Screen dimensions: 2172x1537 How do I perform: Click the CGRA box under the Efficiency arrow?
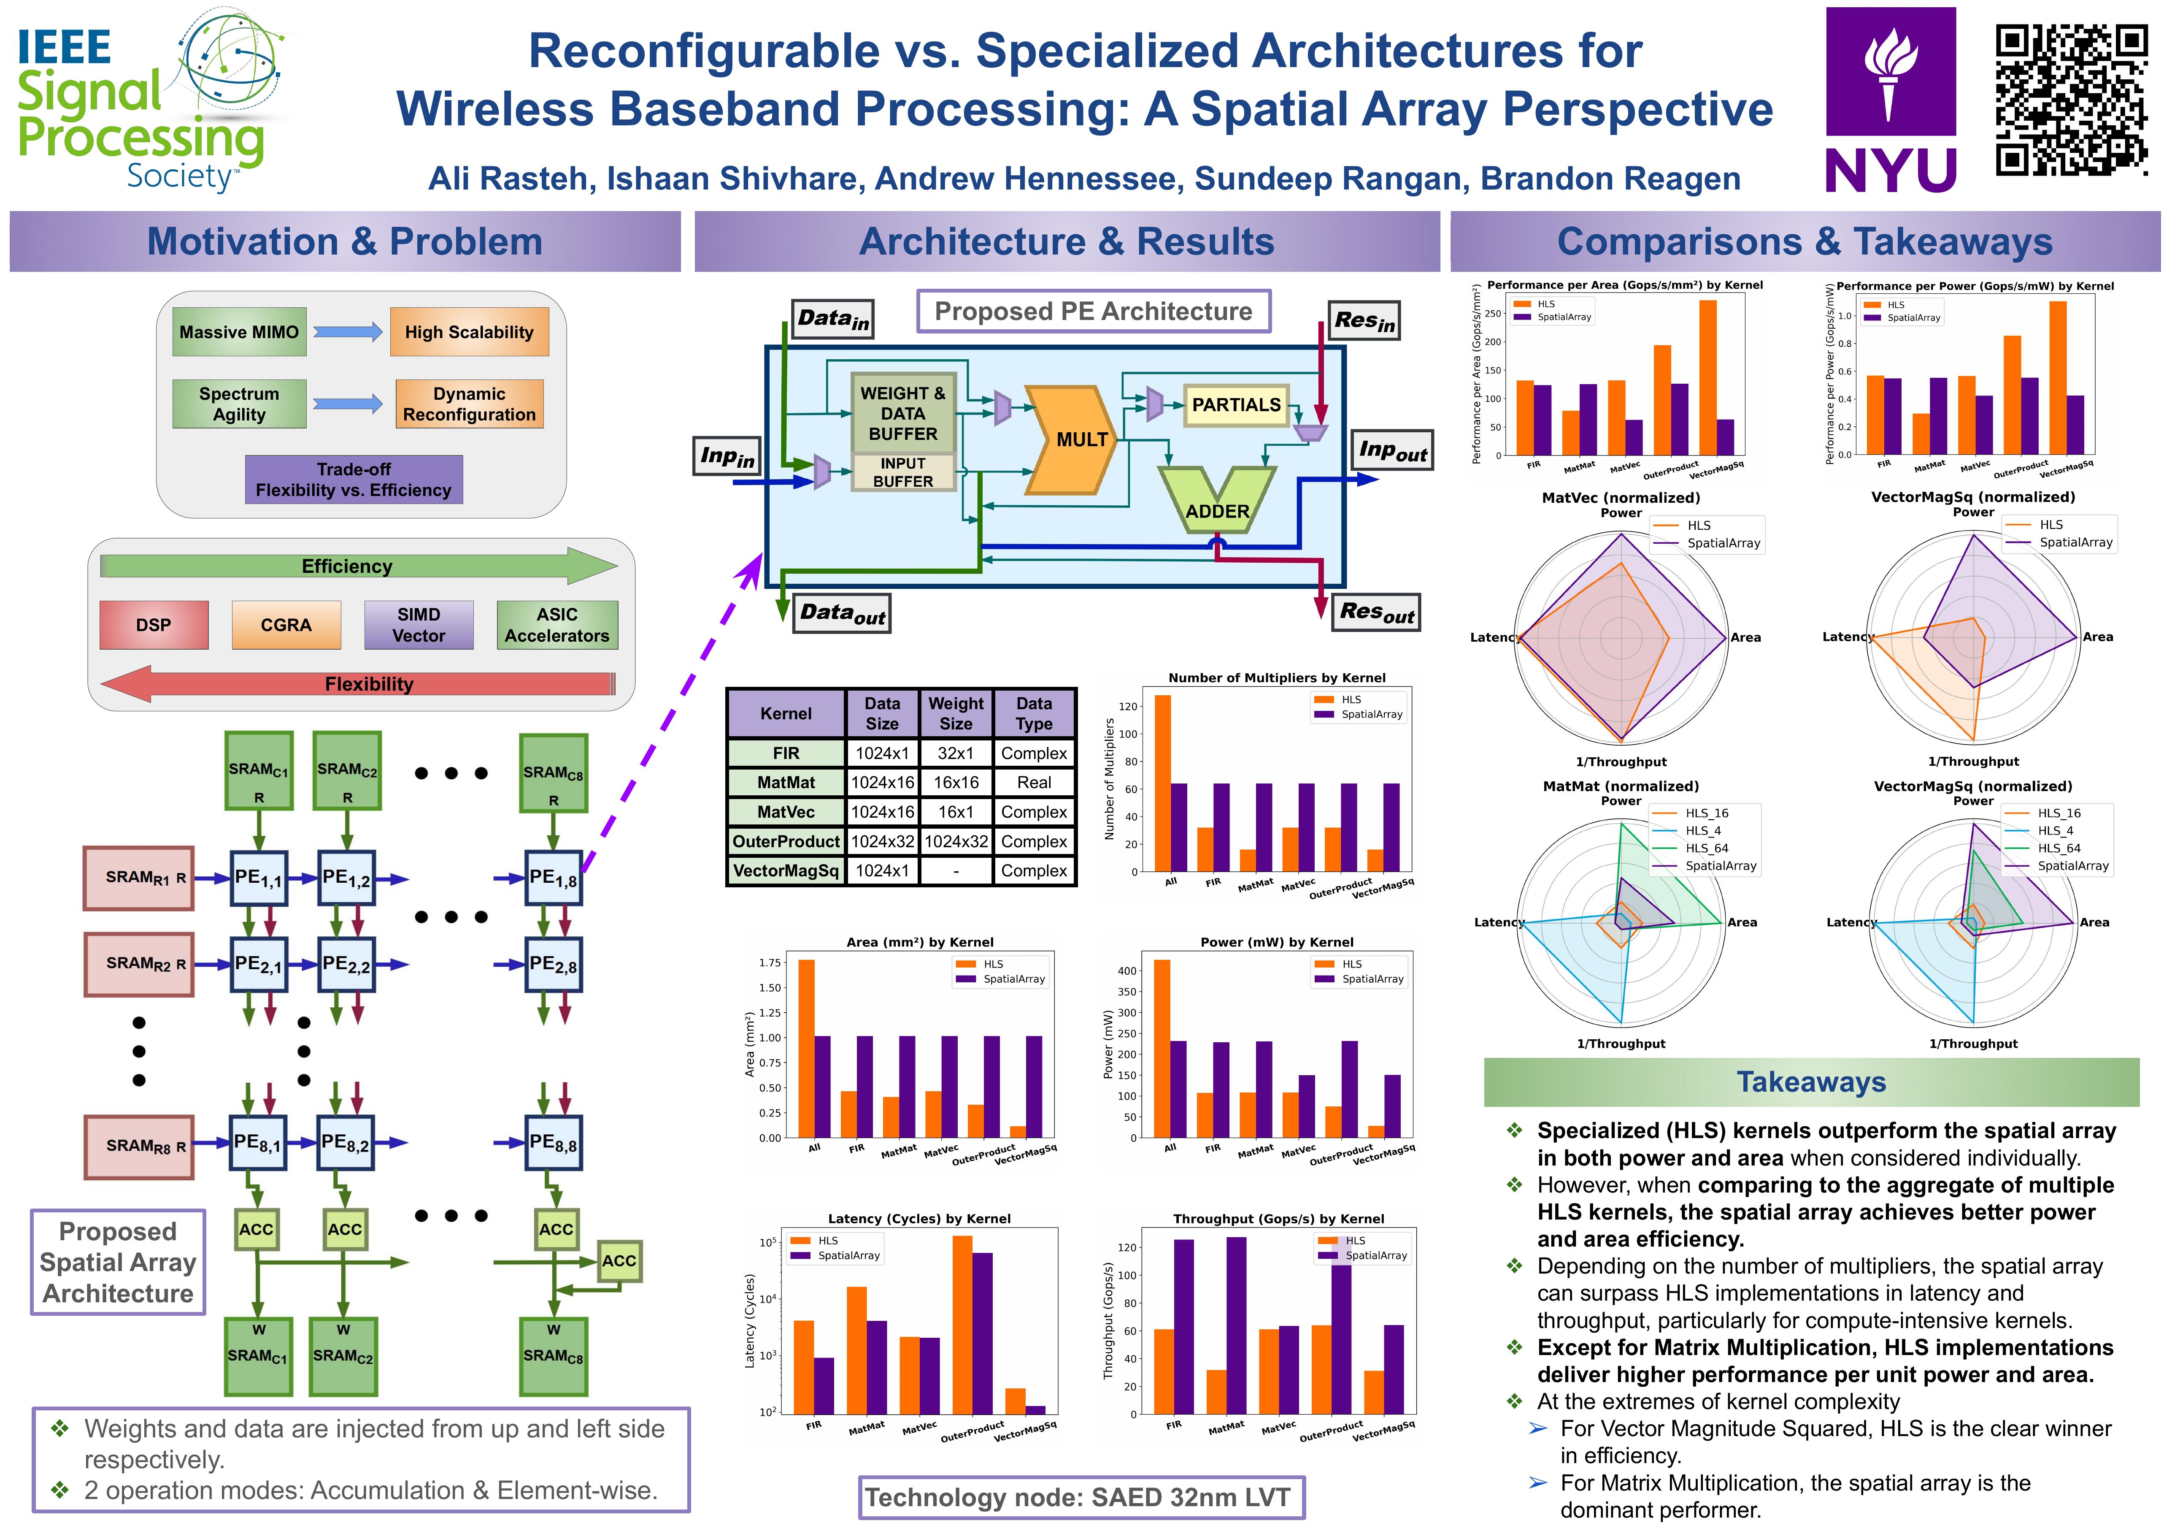point(286,625)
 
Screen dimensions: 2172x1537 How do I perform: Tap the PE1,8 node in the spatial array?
point(554,878)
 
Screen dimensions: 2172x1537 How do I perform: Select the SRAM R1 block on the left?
point(139,878)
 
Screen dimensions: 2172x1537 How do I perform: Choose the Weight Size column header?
point(956,713)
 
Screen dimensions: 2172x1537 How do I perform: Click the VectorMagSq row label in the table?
point(786,871)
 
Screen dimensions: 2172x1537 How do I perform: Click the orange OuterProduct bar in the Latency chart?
point(962,1325)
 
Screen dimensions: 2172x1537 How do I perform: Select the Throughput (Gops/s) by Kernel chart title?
point(1278,1219)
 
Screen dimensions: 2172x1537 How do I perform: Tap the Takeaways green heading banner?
point(1812,1082)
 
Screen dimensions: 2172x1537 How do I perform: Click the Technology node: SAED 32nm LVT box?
point(1081,1497)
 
